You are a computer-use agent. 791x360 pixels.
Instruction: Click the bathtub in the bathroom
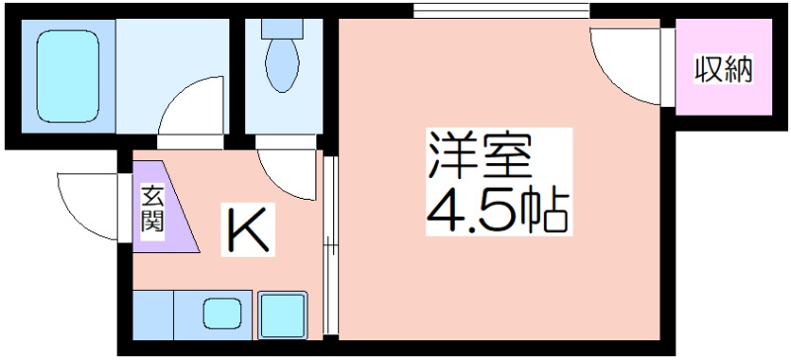coord(67,76)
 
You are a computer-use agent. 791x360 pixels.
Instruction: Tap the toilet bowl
coord(282,65)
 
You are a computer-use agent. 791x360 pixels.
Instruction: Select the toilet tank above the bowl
coord(282,29)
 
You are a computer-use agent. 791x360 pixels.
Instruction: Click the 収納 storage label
coord(724,70)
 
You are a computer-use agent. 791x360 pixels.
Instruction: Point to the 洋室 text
coord(481,154)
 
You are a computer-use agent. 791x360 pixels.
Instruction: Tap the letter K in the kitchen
coord(248,229)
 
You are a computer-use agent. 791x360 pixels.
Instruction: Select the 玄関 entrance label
coord(152,209)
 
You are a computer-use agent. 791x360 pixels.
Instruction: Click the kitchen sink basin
coord(221,314)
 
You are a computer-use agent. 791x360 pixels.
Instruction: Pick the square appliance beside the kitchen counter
coord(283,315)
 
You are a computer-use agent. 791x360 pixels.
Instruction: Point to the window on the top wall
coord(501,11)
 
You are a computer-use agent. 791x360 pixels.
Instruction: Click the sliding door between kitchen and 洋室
coord(330,245)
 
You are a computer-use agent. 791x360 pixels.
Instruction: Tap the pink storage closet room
coord(724,67)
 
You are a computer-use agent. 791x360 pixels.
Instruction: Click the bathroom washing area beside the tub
coord(172,76)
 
